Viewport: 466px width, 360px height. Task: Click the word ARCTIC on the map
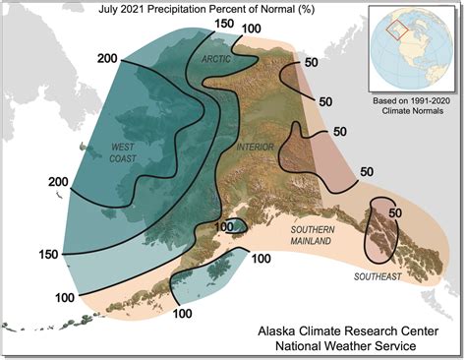click(216, 60)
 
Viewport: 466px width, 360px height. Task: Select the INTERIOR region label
click(256, 147)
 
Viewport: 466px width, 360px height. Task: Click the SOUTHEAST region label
click(378, 276)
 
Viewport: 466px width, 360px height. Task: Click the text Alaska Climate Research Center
click(351, 329)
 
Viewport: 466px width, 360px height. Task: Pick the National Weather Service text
click(351, 346)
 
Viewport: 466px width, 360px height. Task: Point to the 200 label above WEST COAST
click(109, 58)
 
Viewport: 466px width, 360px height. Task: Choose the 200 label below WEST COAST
click(59, 182)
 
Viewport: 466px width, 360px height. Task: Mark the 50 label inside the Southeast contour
click(396, 213)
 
